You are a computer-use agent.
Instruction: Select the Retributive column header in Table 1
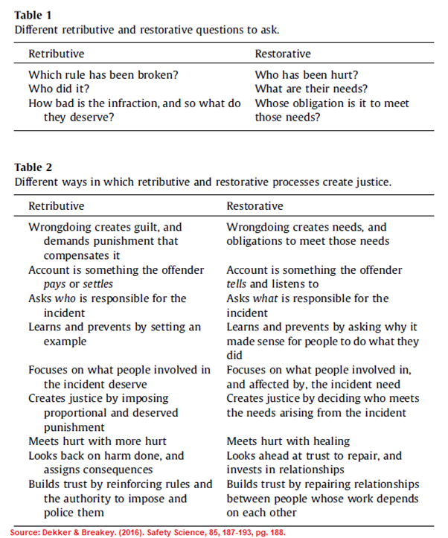[x=56, y=54]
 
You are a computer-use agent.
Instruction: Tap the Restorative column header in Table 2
[x=255, y=205]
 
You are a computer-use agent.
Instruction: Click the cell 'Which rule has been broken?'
[x=103, y=74]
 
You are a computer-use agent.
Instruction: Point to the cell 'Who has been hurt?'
[x=307, y=74]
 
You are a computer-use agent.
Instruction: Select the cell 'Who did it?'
[x=58, y=89]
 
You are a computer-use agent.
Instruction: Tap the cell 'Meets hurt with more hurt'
[x=97, y=441]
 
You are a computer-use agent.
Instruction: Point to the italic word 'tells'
[x=237, y=284]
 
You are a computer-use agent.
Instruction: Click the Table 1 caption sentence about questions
[x=147, y=29]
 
